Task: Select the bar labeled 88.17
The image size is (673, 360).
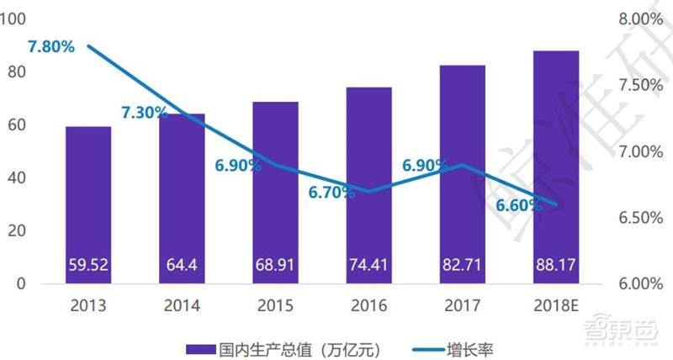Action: click(556, 167)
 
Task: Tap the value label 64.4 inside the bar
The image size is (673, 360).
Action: click(183, 267)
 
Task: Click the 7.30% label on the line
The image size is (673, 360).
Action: click(145, 113)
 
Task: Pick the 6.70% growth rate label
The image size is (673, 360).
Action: click(332, 193)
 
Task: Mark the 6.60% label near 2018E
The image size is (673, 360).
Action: click(519, 205)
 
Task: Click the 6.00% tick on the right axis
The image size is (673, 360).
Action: click(641, 284)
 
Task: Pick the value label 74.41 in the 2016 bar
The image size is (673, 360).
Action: click(369, 267)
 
